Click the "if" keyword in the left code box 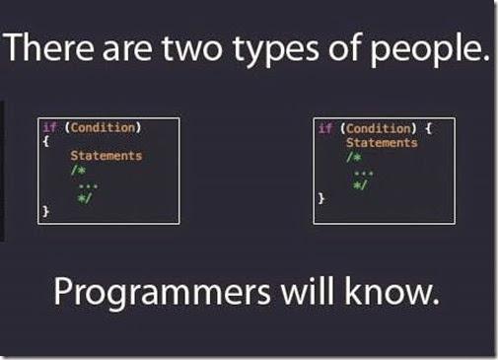coord(49,127)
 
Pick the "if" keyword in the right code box coord(324,128)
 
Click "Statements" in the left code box coord(107,156)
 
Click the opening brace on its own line coord(44,141)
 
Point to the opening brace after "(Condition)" coord(418,128)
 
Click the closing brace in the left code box coord(44,211)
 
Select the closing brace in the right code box coord(320,198)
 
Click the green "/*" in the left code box coord(77,170)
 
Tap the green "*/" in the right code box coord(359,184)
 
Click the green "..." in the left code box coord(87,183)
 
